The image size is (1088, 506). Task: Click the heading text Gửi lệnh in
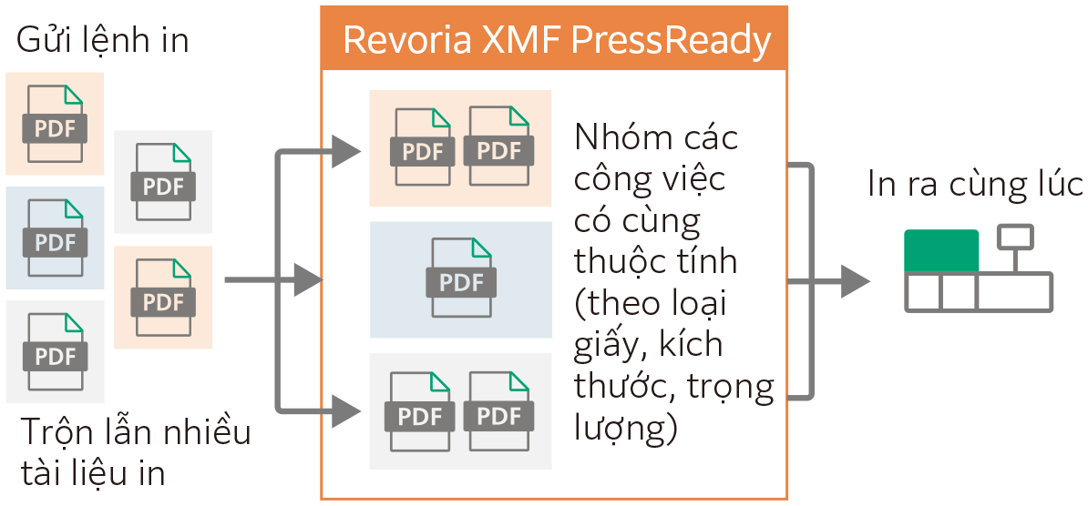tap(103, 40)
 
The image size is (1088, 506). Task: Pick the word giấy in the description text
tap(609, 346)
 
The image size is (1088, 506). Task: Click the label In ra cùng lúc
tap(975, 185)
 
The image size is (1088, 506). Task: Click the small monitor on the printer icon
tap(1015, 238)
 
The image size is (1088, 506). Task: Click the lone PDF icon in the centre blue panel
tap(461, 279)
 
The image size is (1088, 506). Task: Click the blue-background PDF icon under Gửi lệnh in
tap(56, 238)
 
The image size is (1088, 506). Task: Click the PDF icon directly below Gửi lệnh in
tap(56, 124)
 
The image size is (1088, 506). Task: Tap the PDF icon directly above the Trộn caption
tap(56, 352)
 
